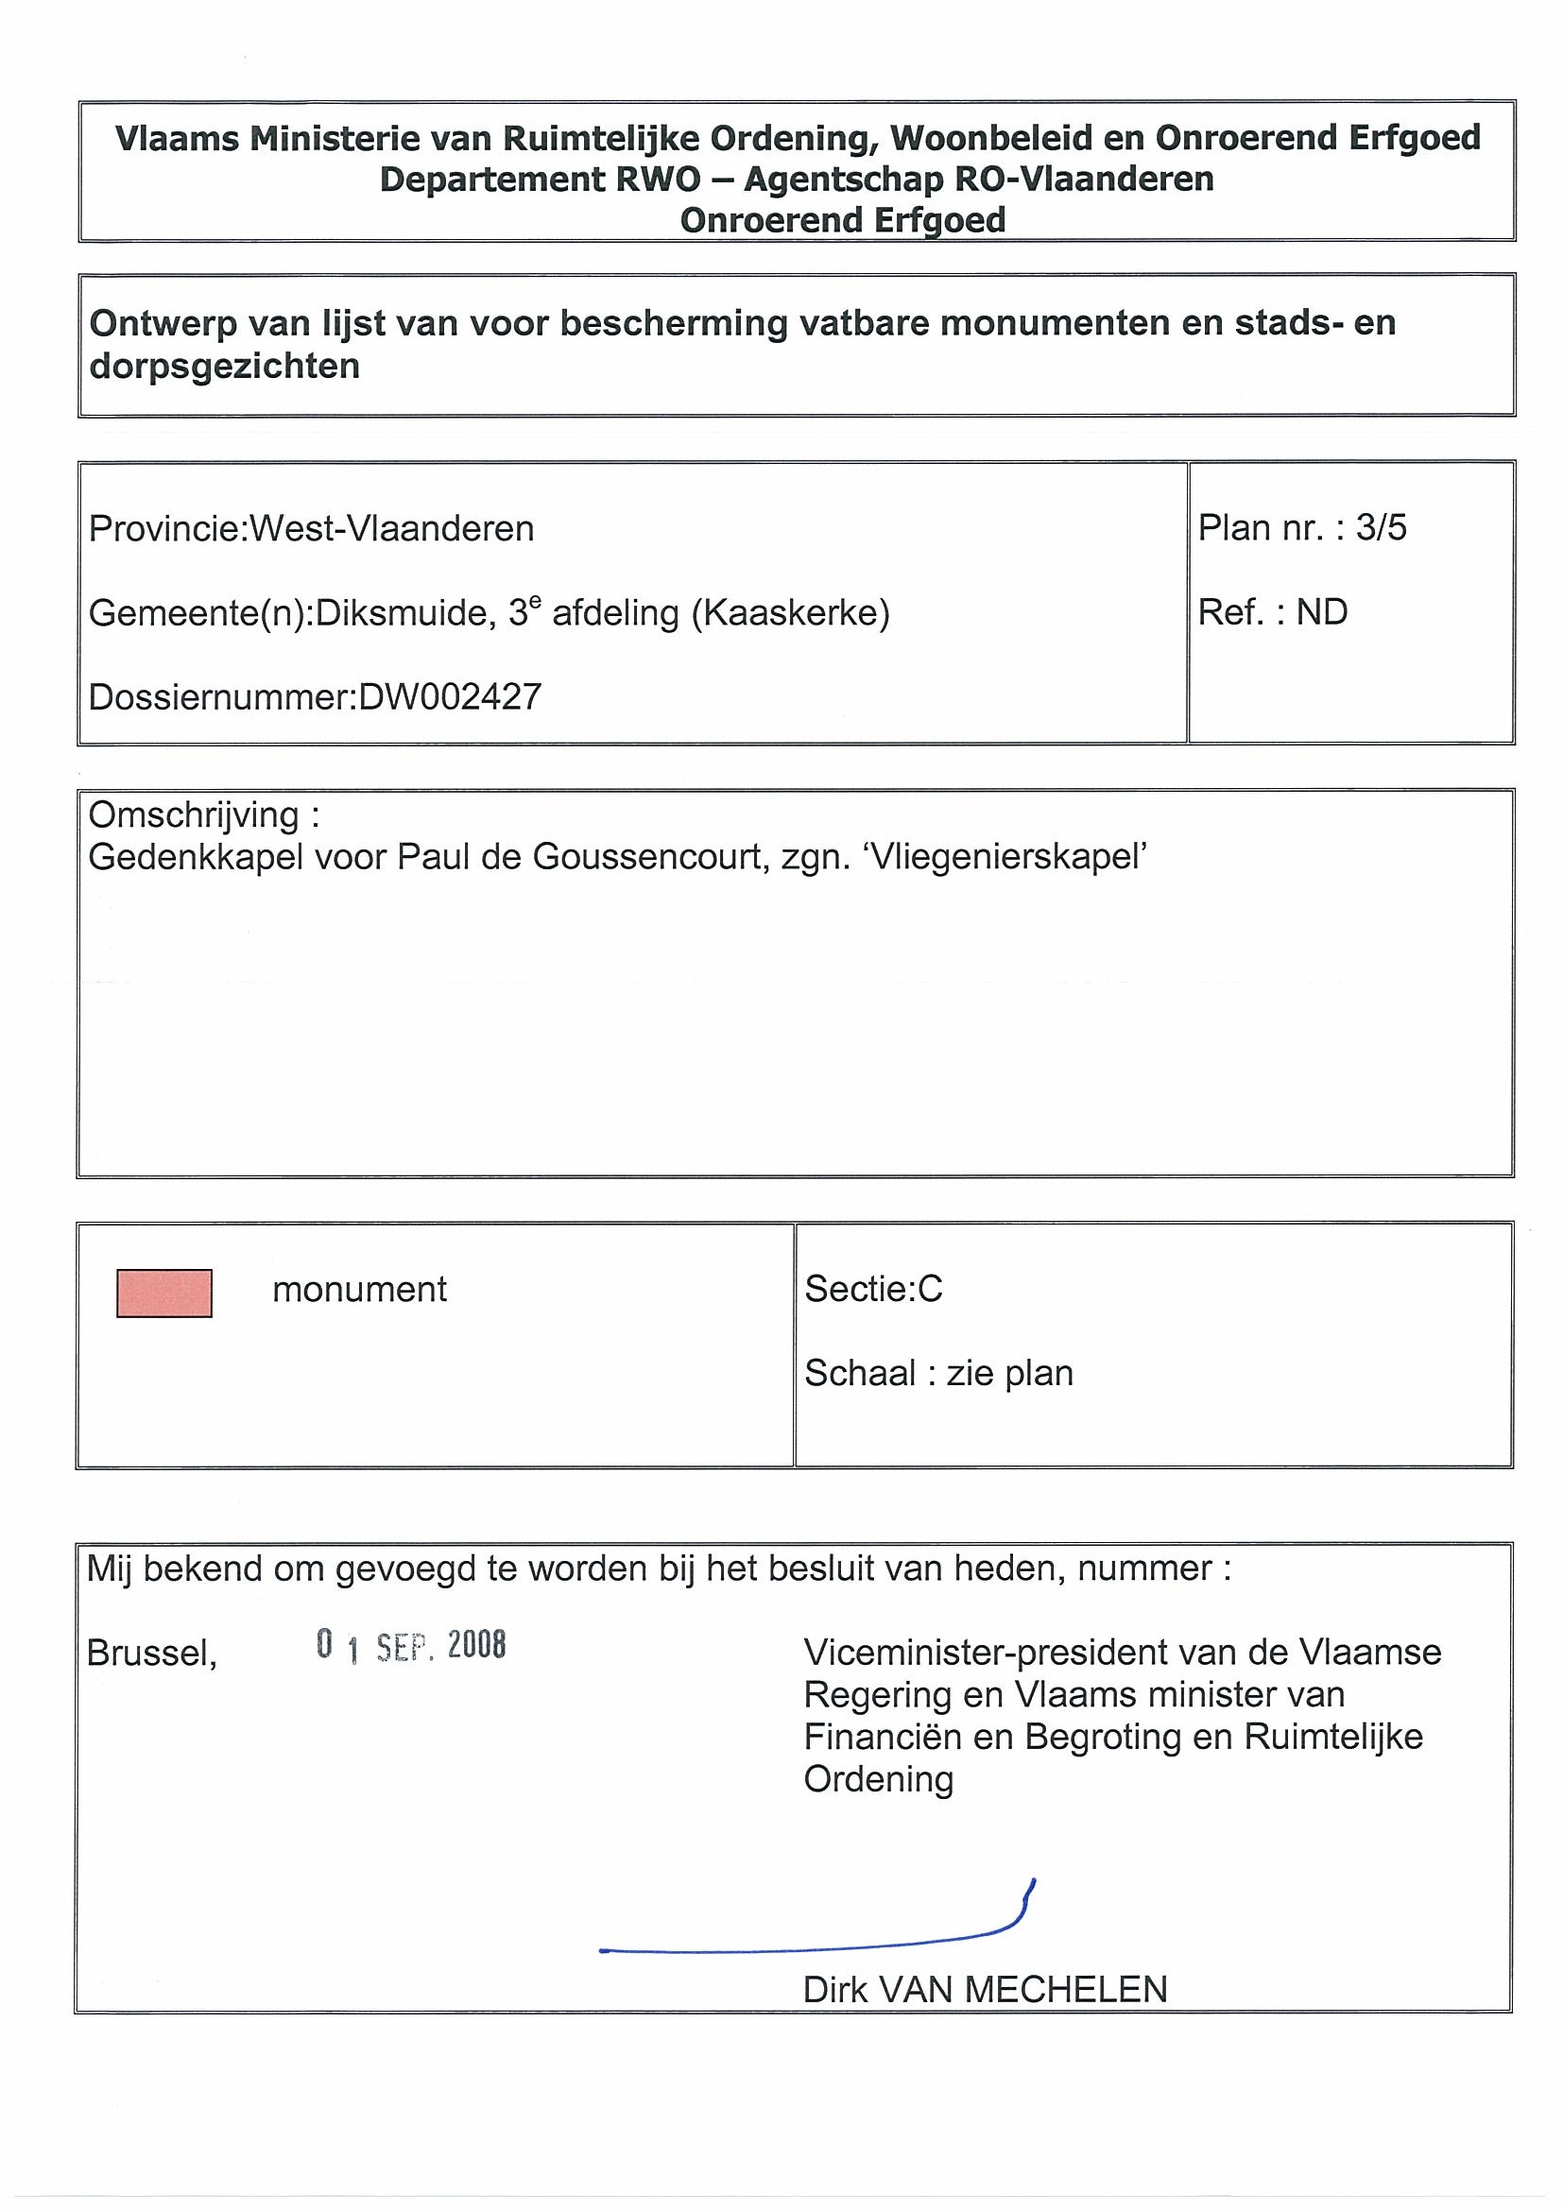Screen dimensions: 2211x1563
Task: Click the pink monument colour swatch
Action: point(163,1293)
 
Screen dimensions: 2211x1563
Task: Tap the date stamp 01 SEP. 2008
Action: point(410,1646)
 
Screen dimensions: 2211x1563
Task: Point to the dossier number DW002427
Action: point(450,696)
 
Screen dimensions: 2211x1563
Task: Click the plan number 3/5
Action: point(1381,528)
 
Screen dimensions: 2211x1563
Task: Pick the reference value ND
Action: point(1321,612)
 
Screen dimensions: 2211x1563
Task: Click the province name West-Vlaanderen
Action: point(392,529)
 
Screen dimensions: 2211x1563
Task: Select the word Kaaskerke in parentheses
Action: point(790,612)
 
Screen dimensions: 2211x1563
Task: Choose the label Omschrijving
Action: point(194,814)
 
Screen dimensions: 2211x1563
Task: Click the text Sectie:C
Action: point(872,1289)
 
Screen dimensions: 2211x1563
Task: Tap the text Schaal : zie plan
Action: point(938,1372)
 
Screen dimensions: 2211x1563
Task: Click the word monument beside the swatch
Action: point(359,1290)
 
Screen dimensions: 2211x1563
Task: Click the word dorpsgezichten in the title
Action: point(224,366)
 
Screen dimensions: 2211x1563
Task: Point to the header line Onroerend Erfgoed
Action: point(843,220)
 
